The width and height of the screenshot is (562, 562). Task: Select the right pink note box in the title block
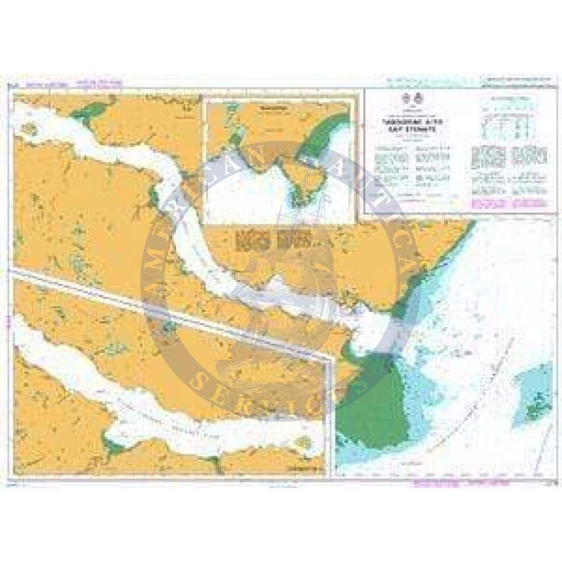pyautogui.click(x=530, y=204)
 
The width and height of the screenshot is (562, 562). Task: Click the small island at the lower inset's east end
pyautogui.click(x=301, y=442)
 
